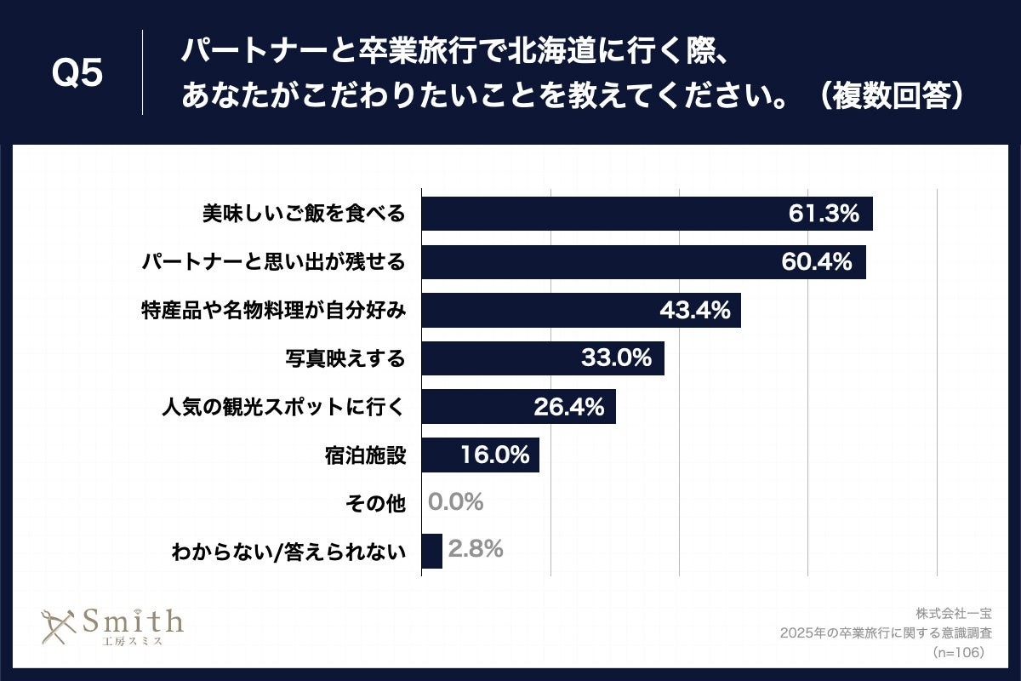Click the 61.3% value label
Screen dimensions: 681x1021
pyautogui.click(x=824, y=214)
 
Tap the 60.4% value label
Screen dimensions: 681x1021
pyautogui.click(x=817, y=262)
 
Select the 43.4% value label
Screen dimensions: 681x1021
pyautogui.click(x=695, y=311)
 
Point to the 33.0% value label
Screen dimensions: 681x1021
pyautogui.click(x=616, y=358)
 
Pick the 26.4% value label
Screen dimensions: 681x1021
pyautogui.click(x=568, y=407)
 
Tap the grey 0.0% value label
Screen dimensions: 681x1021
pyautogui.click(x=456, y=502)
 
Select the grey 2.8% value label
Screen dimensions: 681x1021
pyautogui.click(x=476, y=549)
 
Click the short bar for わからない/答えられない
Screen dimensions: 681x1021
pyautogui.click(x=432, y=551)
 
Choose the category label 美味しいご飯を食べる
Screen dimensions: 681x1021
pyautogui.click(x=303, y=214)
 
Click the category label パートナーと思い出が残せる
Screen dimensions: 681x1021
pyautogui.click(x=272, y=262)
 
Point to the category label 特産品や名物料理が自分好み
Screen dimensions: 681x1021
pyautogui.click(x=272, y=311)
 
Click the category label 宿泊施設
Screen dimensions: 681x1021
pyautogui.click(x=365, y=455)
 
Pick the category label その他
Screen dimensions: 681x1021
pyautogui.click(x=376, y=503)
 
